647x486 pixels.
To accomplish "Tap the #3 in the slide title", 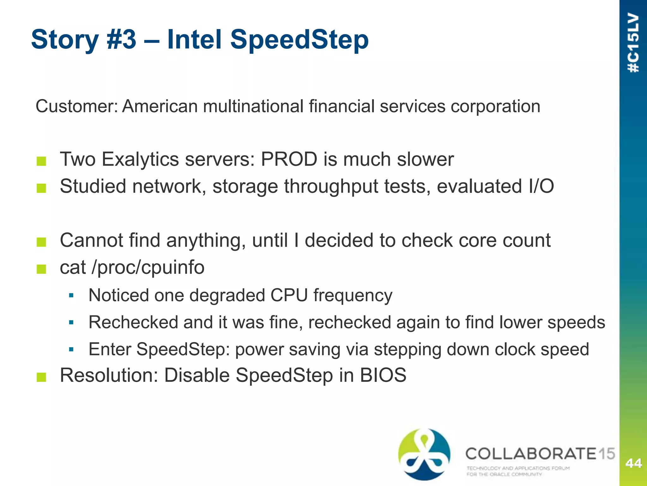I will click(x=121, y=39).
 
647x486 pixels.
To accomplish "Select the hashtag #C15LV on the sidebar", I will click(x=633, y=43).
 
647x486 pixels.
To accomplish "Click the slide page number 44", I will click(x=633, y=463).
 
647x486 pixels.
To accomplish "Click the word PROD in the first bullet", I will click(x=289, y=159).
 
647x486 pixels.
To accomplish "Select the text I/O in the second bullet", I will click(x=541, y=186).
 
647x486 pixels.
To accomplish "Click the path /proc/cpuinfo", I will click(x=148, y=268).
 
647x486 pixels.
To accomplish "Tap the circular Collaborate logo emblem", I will click(x=424, y=454).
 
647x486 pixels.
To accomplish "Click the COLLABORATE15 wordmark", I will click(x=540, y=454).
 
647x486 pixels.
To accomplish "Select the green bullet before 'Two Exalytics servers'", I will click(x=41, y=161).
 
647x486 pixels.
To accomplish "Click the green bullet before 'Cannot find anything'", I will click(x=41, y=242).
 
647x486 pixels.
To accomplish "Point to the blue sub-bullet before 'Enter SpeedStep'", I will click(x=71, y=350).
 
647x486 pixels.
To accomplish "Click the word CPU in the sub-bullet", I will click(x=289, y=296).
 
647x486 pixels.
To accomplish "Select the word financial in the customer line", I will click(x=341, y=106).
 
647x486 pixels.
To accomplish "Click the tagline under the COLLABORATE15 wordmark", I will click(x=518, y=471).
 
